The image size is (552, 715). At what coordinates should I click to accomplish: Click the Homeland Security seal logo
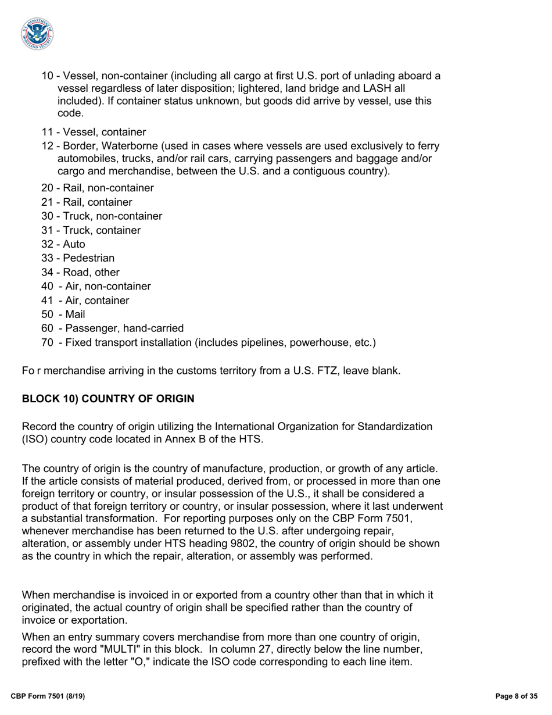tap(38, 33)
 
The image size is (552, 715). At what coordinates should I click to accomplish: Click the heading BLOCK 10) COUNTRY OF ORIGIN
tap(108, 399)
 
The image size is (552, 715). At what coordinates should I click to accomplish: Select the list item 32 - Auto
tap(63, 244)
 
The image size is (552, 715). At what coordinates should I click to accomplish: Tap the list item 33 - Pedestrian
tap(78, 258)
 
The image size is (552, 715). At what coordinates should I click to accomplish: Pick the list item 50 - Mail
tap(63, 314)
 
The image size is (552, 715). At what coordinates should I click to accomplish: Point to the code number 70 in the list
tap(48, 342)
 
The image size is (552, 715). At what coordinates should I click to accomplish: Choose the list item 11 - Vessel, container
tap(94, 132)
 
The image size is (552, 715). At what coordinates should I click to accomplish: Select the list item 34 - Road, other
tap(80, 272)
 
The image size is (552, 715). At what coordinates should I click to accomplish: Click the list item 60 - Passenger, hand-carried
tap(113, 328)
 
